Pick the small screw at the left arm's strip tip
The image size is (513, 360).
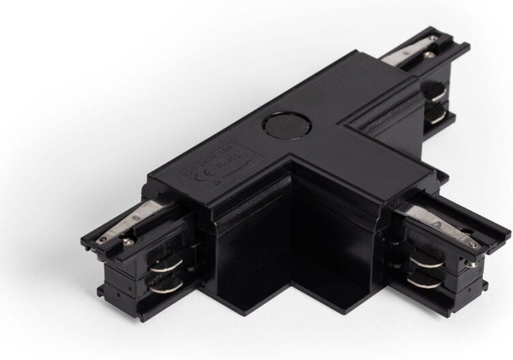click(x=102, y=239)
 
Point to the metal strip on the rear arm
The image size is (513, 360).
click(x=409, y=53)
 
